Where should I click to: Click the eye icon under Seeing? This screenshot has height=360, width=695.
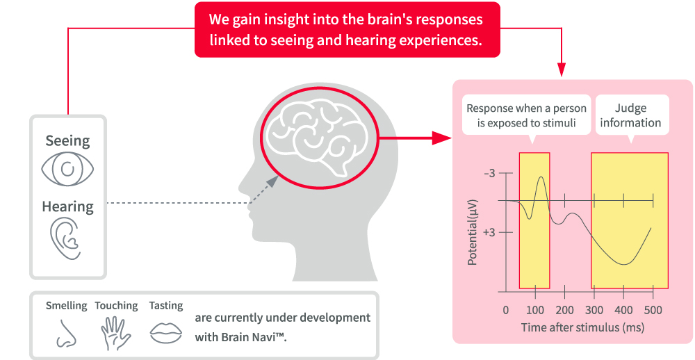click(67, 169)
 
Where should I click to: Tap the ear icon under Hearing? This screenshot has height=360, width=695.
click(65, 238)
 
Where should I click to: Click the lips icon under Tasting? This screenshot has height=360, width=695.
click(165, 332)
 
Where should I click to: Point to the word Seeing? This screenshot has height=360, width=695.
click(67, 141)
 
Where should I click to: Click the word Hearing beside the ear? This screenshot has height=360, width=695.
click(67, 206)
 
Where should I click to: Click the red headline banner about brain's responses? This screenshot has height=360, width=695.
click(347, 31)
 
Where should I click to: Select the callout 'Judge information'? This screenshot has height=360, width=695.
click(630, 115)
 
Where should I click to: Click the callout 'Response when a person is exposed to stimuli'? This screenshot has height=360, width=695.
click(526, 115)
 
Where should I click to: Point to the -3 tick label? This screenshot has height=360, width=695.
click(489, 173)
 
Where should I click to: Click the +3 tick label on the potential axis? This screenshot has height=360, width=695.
click(489, 232)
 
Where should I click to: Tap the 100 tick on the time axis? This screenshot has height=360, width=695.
click(535, 310)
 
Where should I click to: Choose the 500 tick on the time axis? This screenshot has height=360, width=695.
click(653, 310)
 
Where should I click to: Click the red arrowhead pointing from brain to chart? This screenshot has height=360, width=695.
click(439, 138)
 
